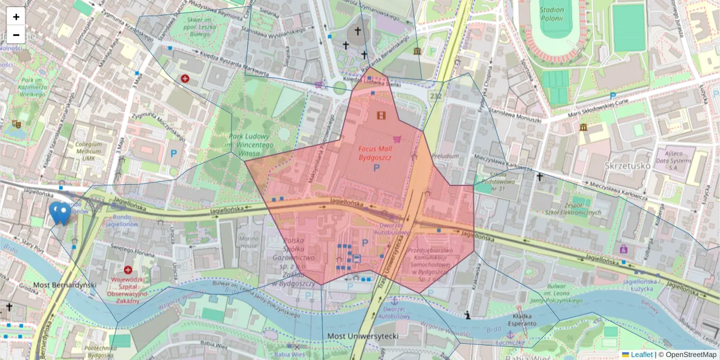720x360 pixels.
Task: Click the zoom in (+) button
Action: pyautogui.click(x=16, y=17)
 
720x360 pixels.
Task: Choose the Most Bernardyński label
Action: pyautogui.click(x=56, y=284)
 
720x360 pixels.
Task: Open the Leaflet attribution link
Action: pyautogui.click(x=637, y=355)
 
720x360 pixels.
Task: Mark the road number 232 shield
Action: pyautogui.click(x=436, y=97)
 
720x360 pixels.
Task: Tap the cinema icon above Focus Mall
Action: pyautogui.click(x=381, y=115)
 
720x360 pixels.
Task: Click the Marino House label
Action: pyautogui.click(x=248, y=241)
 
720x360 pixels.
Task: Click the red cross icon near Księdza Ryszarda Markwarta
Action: pyautogui.click(x=185, y=79)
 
